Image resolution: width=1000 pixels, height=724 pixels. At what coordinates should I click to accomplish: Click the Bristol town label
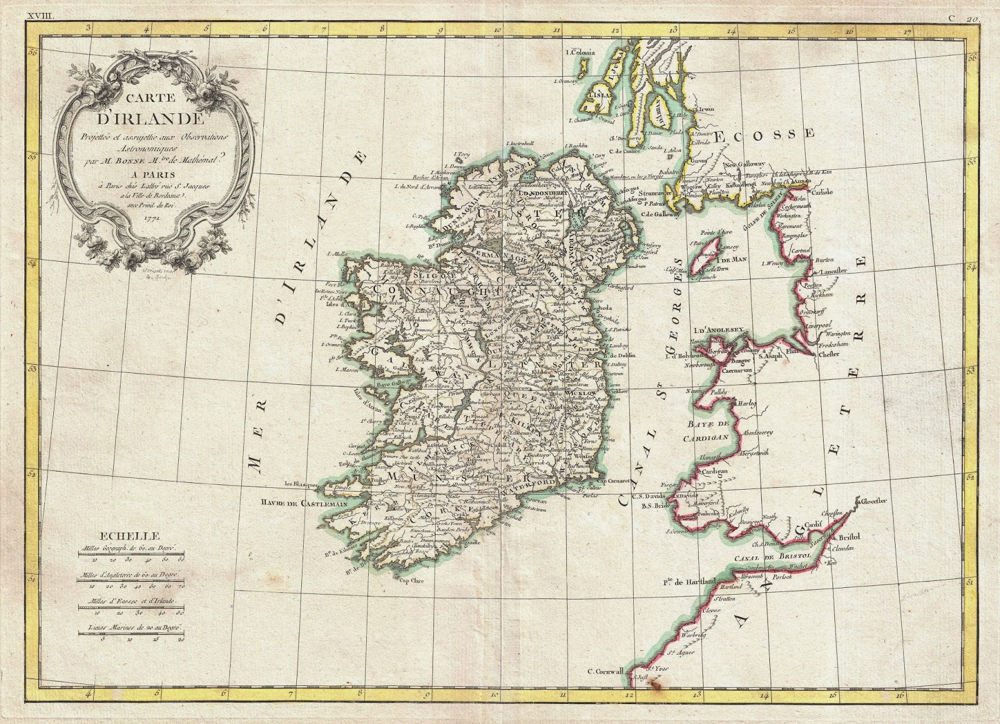(x=851, y=537)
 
